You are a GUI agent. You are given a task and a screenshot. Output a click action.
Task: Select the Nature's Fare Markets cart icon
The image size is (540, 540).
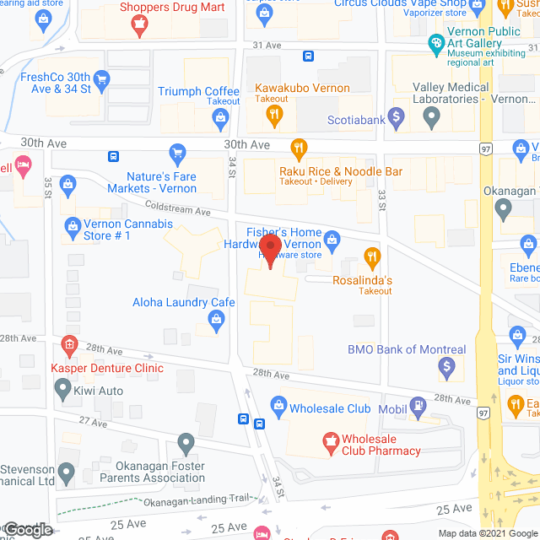coord(177,153)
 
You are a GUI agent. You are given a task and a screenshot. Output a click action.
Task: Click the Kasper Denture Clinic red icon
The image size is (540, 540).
coord(69,344)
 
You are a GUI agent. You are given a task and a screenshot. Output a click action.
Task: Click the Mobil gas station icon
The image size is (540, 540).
coord(417,408)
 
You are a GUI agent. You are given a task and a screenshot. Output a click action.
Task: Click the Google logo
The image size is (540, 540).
coord(27,530)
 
